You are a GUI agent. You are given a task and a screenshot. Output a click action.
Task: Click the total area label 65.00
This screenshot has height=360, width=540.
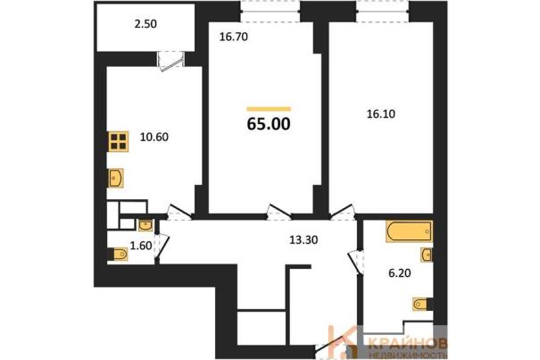click(x=269, y=124)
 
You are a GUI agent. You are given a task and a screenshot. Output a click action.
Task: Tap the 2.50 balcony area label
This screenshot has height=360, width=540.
click(x=145, y=24)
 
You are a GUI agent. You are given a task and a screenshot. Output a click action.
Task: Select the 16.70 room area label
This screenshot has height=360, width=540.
click(x=234, y=37)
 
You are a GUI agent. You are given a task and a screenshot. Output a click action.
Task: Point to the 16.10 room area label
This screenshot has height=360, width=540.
click(x=380, y=113)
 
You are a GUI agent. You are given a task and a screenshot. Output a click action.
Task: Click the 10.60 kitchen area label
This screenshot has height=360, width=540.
click(x=154, y=137)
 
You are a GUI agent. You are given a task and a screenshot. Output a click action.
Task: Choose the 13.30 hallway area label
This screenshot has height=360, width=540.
click(x=303, y=239)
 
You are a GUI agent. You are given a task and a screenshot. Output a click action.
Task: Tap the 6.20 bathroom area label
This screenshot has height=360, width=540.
click(x=400, y=273)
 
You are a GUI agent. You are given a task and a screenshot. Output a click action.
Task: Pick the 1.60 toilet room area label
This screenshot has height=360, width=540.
click(x=141, y=246)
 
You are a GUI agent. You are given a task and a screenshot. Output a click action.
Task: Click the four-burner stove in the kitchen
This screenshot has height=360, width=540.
click(x=119, y=141)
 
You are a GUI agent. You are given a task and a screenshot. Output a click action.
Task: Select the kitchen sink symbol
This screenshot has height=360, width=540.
click(x=116, y=178)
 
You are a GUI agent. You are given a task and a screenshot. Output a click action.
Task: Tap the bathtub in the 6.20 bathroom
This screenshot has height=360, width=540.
click(x=409, y=231)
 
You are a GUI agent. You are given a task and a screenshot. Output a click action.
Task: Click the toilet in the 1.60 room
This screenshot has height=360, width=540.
click(x=118, y=255)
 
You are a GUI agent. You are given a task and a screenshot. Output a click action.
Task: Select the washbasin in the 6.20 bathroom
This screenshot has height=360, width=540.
click(x=427, y=255)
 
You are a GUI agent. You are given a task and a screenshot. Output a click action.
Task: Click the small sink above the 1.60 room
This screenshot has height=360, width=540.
click(x=145, y=225)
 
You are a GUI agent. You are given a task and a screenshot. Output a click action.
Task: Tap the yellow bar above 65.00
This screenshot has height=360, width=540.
click(x=269, y=109)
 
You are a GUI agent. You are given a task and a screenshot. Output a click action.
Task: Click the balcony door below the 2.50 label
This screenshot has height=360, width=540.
click(x=171, y=61)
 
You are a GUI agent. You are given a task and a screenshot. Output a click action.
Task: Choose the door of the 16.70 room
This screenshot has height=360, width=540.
click(x=279, y=212)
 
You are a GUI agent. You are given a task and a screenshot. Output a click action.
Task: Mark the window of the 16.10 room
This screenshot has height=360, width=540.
click(x=383, y=12)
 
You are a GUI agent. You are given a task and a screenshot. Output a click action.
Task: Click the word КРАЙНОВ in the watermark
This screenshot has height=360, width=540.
click(x=408, y=343)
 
